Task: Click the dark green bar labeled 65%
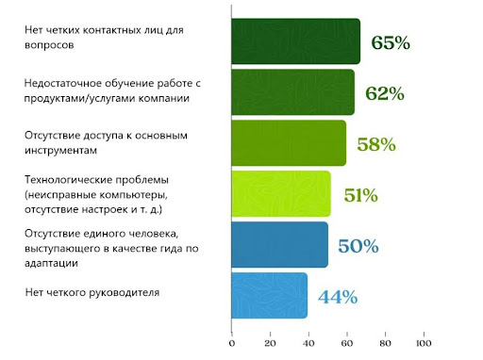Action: (295, 41)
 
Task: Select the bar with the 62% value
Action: (292, 92)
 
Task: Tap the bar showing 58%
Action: (289, 143)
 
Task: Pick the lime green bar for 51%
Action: (281, 194)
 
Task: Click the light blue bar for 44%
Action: (270, 295)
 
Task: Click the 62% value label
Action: (385, 93)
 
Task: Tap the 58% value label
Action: (375, 144)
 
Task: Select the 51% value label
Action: (360, 195)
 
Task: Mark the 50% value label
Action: (358, 246)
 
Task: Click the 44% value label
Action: (338, 297)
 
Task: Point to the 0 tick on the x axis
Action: (232, 335)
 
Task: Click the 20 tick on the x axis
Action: (270, 335)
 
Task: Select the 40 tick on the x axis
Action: (308, 335)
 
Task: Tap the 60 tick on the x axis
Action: (346, 335)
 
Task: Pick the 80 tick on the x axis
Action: (384, 335)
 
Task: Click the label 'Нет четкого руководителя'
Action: (92, 293)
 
